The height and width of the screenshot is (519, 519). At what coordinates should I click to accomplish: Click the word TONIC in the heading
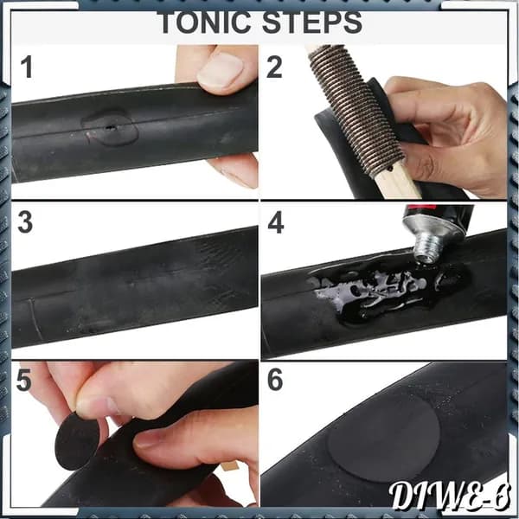tap(203, 22)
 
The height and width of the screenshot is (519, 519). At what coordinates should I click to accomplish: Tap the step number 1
tap(27, 67)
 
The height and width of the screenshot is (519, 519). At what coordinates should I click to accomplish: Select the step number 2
tap(274, 67)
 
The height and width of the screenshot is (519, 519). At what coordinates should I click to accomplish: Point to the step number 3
tap(25, 222)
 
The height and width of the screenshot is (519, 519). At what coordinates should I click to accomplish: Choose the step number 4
tap(276, 222)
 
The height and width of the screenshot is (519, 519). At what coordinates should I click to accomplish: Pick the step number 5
tap(24, 380)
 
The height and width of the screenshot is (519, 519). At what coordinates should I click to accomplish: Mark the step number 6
tap(275, 380)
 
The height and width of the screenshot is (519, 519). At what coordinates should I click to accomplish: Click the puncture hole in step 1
tap(111, 127)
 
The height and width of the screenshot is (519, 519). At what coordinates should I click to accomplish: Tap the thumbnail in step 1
tap(220, 70)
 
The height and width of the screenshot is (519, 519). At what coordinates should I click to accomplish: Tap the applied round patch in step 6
tap(383, 438)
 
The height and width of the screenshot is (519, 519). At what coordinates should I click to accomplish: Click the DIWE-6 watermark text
tap(449, 497)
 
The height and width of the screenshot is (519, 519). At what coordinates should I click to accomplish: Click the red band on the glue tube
tap(421, 208)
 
